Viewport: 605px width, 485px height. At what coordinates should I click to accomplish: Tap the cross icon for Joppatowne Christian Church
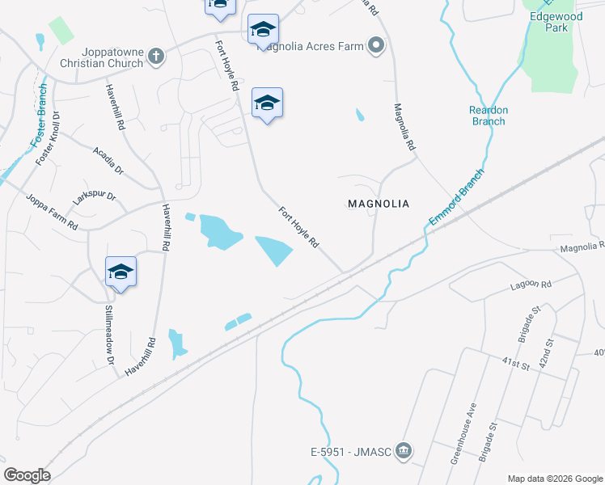(x=156, y=57)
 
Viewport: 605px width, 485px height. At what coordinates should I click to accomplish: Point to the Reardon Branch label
(x=488, y=116)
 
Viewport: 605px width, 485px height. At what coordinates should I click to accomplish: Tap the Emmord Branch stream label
(x=457, y=196)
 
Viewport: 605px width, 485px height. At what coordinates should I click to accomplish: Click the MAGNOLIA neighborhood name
(x=379, y=204)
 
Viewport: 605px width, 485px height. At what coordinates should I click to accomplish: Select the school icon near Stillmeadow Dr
(x=121, y=272)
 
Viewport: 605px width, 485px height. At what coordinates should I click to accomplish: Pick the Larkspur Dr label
(x=94, y=196)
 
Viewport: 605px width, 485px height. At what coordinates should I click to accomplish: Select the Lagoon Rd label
(x=531, y=285)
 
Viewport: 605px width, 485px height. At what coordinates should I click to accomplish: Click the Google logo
(x=27, y=475)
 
